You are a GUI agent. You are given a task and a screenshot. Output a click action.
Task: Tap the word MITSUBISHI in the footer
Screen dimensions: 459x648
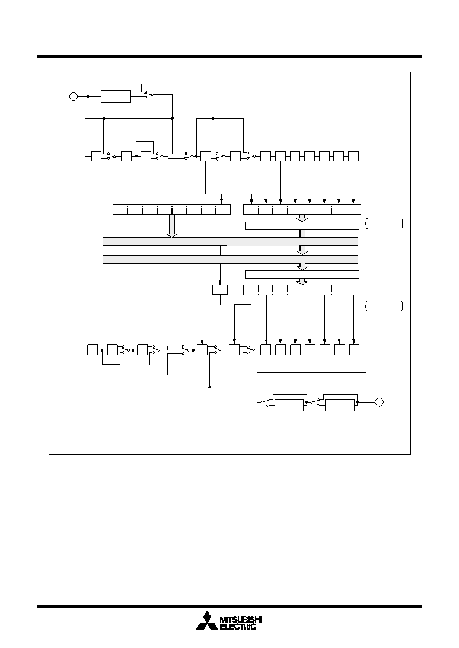pyautogui.click(x=241, y=620)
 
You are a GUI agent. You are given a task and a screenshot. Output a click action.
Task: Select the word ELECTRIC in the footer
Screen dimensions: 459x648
pyautogui.click(x=238, y=627)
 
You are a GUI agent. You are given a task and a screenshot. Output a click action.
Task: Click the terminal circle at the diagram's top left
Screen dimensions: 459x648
pyautogui.click(x=74, y=97)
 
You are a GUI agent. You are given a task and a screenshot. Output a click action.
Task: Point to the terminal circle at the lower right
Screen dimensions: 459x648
pyautogui.click(x=379, y=402)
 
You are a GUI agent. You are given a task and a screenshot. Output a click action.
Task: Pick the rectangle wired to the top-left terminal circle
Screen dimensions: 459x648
pyautogui.click(x=116, y=96)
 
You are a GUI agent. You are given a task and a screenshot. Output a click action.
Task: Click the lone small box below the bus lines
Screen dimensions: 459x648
pyautogui.click(x=220, y=289)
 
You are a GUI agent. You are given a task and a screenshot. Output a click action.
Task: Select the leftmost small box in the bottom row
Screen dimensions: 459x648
pyautogui.click(x=93, y=350)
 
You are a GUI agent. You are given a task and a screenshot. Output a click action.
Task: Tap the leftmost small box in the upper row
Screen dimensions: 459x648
pyautogui.click(x=96, y=156)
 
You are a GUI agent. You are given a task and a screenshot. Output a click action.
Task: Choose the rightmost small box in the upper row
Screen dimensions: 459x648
pyautogui.click(x=353, y=156)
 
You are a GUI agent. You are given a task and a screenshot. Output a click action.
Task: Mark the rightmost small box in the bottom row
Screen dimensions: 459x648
pyautogui.click(x=355, y=350)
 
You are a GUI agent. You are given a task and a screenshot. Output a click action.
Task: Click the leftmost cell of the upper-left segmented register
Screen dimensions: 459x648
pyautogui.click(x=120, y=209)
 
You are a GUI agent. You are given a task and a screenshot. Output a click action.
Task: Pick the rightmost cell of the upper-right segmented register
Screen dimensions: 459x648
pyautogui.click(x=353, y=209)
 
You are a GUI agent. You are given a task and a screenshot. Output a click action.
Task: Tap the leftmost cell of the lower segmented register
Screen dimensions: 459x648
pyautogui.click(x=251, y=290)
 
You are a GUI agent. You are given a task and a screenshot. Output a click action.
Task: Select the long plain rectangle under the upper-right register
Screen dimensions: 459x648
pyautogui.click(x=302, y=226)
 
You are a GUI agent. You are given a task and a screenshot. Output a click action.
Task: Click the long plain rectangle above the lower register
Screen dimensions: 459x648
pyautogui.click(x=302, y=274)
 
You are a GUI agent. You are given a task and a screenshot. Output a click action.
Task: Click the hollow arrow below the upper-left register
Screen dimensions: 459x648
pyautogui.click(x=172, y=226)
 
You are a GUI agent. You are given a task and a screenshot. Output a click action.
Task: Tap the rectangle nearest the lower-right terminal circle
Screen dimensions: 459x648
pyautogui.click(x=340, y=406)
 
